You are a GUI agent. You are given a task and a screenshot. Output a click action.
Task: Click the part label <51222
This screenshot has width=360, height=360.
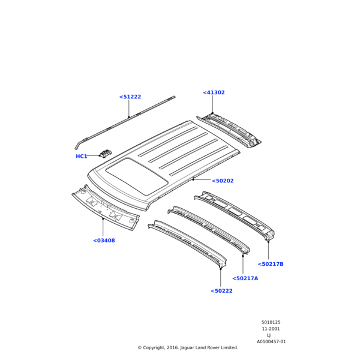(x=130, y=97)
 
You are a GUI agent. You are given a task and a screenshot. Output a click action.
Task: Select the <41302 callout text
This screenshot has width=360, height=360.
(x=214, y=92)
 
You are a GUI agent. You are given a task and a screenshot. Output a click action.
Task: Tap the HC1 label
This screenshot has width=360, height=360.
(x=82, y=157)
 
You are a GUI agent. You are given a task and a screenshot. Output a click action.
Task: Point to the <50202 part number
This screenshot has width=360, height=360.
(x=223, y=181)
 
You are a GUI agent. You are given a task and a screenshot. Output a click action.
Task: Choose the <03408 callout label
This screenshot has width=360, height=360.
(x=104, y=241)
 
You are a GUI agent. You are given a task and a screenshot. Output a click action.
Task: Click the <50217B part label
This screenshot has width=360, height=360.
(x=271, y=264)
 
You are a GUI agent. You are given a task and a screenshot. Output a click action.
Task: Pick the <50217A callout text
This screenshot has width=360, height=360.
(x=245, y=278)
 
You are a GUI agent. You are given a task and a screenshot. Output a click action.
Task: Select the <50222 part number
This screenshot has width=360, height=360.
(x=221, y=291)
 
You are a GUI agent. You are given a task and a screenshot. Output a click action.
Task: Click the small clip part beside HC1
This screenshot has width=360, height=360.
(x=106, y=153)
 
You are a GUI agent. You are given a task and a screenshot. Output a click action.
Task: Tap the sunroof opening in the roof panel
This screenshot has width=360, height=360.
(x=137, y=176)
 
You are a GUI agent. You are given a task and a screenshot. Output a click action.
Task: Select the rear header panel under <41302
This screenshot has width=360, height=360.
(x=229, y=130)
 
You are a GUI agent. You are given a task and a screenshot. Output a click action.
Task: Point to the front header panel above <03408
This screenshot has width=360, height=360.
(x=106, y=208)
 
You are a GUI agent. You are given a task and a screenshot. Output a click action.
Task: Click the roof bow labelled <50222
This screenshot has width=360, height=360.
(x=187, y=244)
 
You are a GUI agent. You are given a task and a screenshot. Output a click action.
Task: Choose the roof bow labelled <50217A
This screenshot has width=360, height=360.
(x=209, y=230)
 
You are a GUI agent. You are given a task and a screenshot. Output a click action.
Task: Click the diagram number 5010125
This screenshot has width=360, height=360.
(x=271, y=322)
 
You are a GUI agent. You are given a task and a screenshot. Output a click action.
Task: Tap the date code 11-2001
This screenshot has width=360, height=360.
(x=271, y=329)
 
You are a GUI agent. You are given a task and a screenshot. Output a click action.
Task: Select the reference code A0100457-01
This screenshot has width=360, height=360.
(x=271, y=341)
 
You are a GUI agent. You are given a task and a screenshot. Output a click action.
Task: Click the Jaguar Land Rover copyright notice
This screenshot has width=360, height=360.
(x=188, y=347)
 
